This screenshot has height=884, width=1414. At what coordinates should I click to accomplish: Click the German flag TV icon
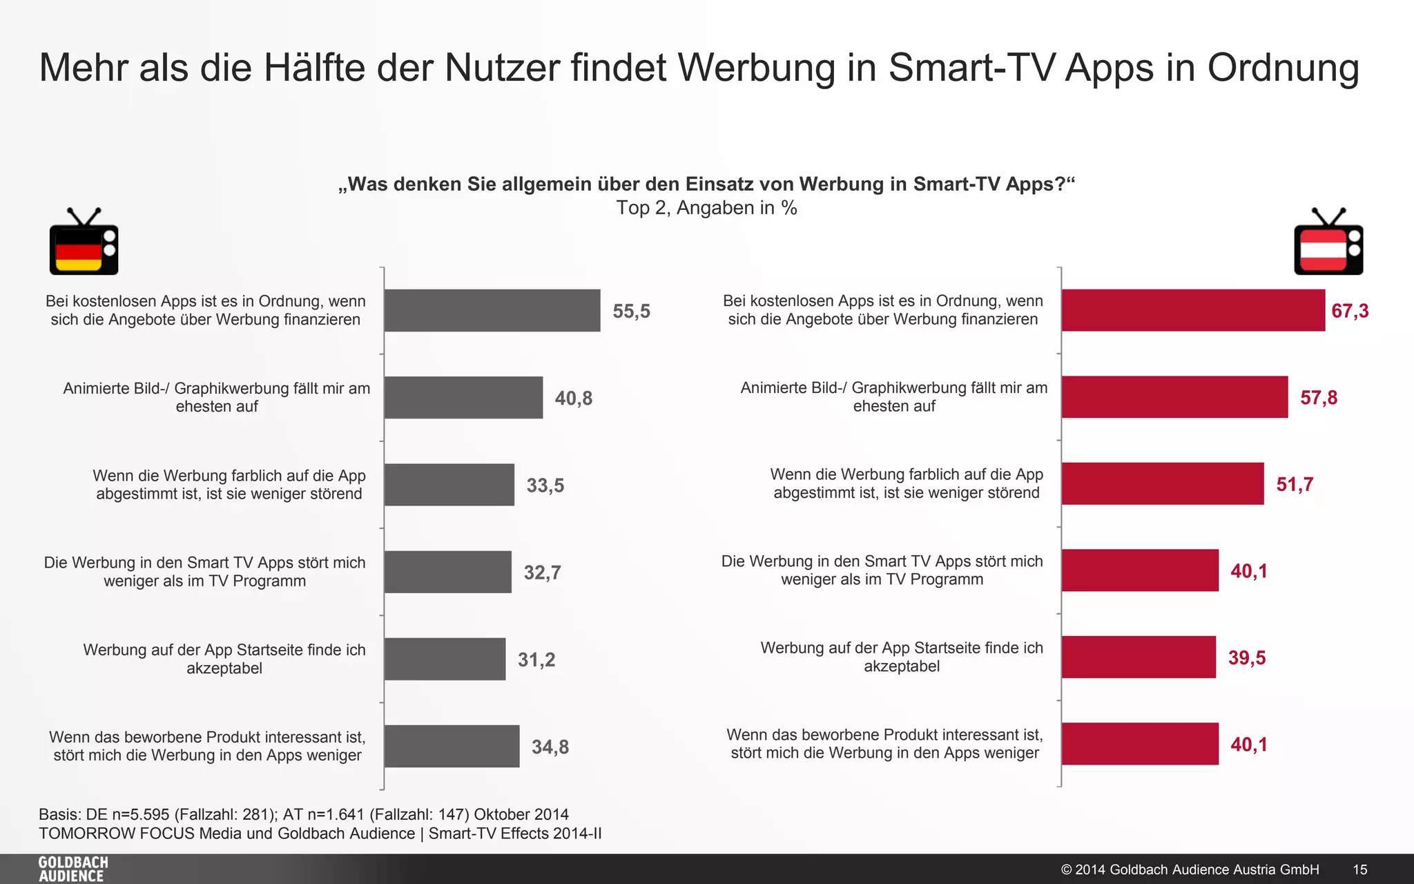(84, 243)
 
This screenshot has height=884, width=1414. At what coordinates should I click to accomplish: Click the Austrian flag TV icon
(1328, 243)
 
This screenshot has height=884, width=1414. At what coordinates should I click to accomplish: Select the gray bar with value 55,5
(492, 311)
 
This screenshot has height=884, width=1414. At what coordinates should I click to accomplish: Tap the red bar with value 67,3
(1193, 311)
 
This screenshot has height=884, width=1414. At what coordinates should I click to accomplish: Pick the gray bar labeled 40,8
(463, 398)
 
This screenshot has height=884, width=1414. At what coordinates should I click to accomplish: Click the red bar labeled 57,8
(1174, 397)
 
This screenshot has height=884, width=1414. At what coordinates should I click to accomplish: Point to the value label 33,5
(545, 486)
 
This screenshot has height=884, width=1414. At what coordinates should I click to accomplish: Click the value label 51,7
(1295, 484)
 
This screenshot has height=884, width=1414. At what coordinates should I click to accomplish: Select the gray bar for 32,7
(447, 572)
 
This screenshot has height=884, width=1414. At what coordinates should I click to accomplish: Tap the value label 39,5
(1246, 657)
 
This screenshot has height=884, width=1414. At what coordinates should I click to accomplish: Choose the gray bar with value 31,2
(445, 659)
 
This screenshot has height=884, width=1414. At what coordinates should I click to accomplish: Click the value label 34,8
(550, 747)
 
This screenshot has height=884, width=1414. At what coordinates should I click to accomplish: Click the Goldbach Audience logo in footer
(73, 869)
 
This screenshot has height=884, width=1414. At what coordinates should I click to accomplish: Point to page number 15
(1359, 869)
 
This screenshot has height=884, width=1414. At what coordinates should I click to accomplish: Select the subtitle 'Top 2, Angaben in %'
(706, 208)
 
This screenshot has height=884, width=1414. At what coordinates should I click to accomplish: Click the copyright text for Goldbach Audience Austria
(1190, 869)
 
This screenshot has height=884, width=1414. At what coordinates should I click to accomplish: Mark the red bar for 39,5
(1139, 657)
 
